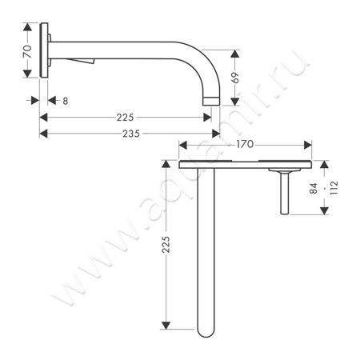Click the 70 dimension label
point(26,54)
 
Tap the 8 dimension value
point(64,100)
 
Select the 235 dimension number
point(124,134)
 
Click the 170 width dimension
point(245,145)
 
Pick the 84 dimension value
point(314,189)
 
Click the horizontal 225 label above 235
point(124,117)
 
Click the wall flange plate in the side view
point(46,54)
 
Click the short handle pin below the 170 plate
point(284,194)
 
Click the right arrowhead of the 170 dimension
point(308,145)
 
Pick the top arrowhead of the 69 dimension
point(234,50)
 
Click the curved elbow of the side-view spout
point(204,68)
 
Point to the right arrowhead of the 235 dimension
point(218,134)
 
